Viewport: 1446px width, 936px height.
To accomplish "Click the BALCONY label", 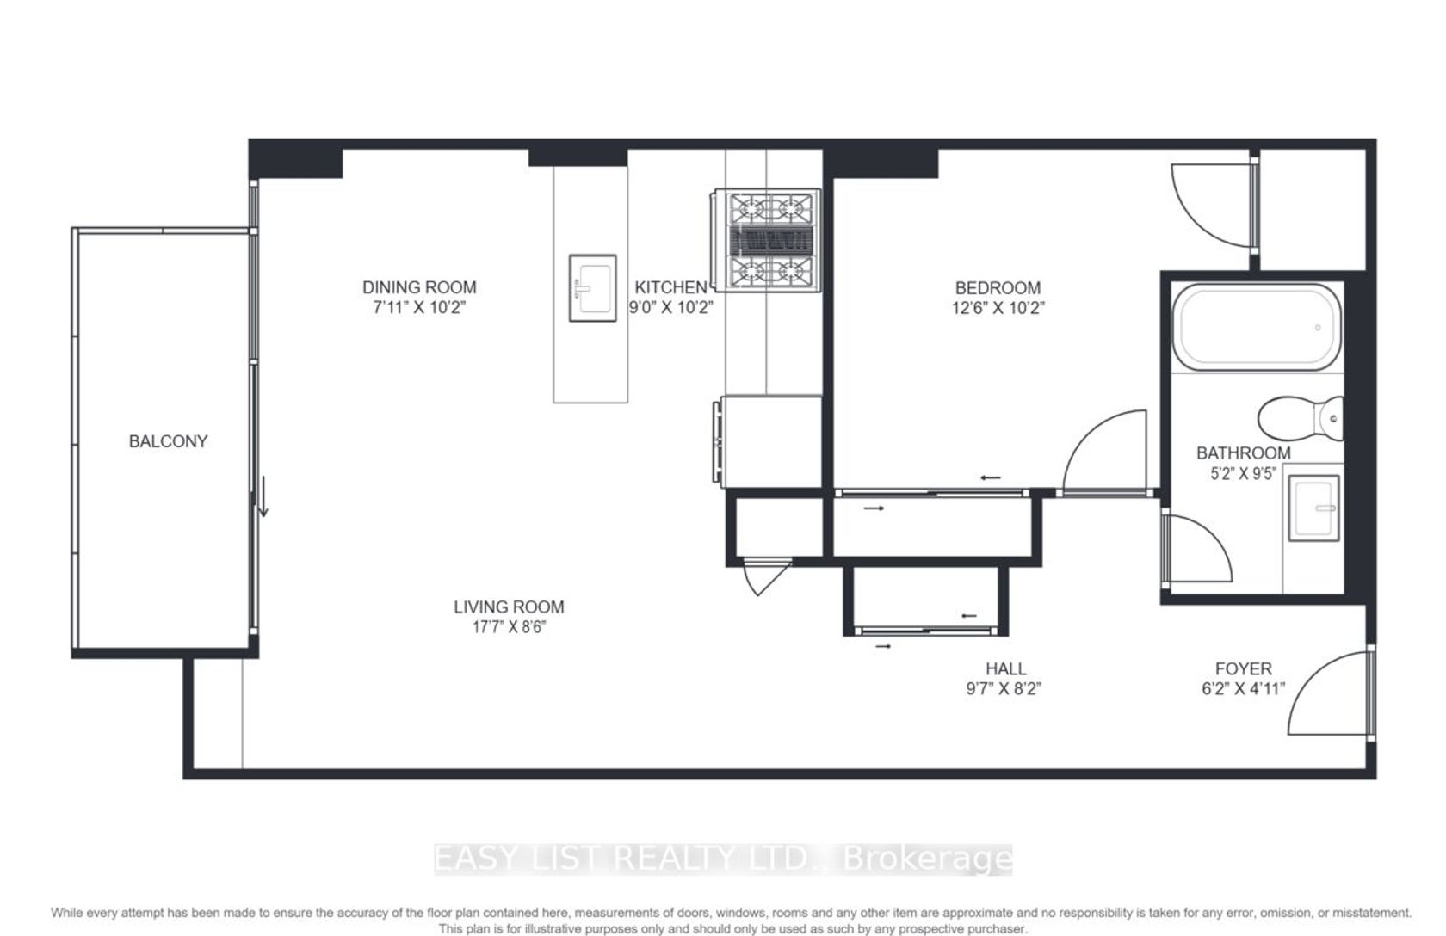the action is (x=168, y=441).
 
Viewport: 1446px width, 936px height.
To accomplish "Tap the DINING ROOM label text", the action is (x=419, y=287).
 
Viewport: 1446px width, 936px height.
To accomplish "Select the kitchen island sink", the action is (x=592, y=287).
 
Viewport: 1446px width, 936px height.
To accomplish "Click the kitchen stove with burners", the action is (x=766, y=240).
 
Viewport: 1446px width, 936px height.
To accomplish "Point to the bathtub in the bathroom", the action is (x=1257, y=327).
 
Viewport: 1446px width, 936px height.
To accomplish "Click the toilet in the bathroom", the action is (x=1300, y=418).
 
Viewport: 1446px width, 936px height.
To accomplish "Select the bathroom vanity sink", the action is (x=1313, y=508).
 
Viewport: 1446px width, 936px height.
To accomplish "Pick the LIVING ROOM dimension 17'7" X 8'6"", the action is (x=510, y=627).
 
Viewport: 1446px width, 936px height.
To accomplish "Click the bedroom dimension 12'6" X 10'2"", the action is (x=998, y=308).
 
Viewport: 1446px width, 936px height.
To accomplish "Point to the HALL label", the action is (x=1005, y=668).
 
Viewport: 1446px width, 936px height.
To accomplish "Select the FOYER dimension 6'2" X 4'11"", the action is (x=1243, y=688).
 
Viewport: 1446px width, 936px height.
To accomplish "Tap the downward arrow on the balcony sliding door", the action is (x=263, y=496).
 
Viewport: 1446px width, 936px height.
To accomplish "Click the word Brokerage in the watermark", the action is (x=928, y=859).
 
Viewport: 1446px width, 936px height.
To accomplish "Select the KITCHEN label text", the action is (x=670, y=287).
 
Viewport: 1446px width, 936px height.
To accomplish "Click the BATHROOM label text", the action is (x=1243, y=453).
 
